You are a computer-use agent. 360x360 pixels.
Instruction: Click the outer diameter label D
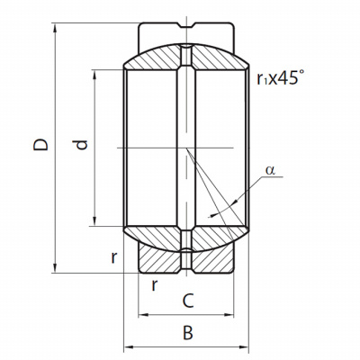[x=40, y=145]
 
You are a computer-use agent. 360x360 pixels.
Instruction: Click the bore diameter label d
[x=81, y=145]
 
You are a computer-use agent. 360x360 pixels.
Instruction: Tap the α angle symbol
[x=270, y=170]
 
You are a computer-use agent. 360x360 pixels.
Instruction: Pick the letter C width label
[x=188, y=301]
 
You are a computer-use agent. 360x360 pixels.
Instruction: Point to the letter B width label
[x=188, y=333]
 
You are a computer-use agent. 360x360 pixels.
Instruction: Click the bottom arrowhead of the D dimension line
[x=55, y=268]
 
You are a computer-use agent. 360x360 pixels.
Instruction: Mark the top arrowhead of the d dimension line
[x=94, y=75]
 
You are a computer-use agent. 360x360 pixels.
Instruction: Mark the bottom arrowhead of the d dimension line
[x=94, y=221]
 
